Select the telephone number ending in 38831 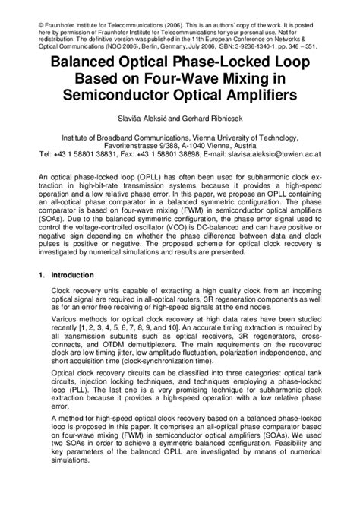99,153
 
